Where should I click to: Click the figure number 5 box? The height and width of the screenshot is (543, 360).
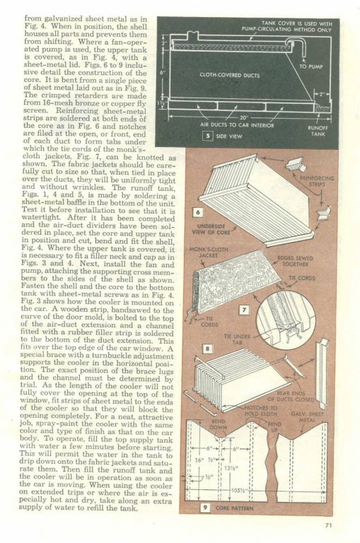(x=207, y=136)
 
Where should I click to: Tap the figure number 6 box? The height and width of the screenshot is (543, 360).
(x=198, y=212)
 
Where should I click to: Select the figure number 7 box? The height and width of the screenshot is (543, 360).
(x=244, y=310)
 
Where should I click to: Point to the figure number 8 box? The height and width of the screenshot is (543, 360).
(x=207, y=349)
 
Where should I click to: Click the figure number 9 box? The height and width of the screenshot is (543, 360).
(x=205, y=508)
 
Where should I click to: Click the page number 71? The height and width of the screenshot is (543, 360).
(x=329, y=525)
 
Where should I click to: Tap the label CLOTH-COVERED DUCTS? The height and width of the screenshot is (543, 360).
(x=230, y=75)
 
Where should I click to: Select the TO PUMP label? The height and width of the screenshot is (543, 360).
(x=310, y=66)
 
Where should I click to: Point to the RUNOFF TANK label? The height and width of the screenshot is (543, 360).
(x=318, y=131)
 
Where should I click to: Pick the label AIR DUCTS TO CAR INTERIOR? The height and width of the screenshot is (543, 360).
(x=237, y=125)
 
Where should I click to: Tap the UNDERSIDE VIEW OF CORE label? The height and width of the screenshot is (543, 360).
(x=211, y=229)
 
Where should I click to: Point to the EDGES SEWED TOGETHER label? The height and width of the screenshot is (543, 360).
(x=295, y=261)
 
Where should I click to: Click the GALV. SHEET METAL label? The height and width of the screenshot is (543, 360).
(x=308, y=417)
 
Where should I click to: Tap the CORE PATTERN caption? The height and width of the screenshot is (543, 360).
(x=234, y=508)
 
